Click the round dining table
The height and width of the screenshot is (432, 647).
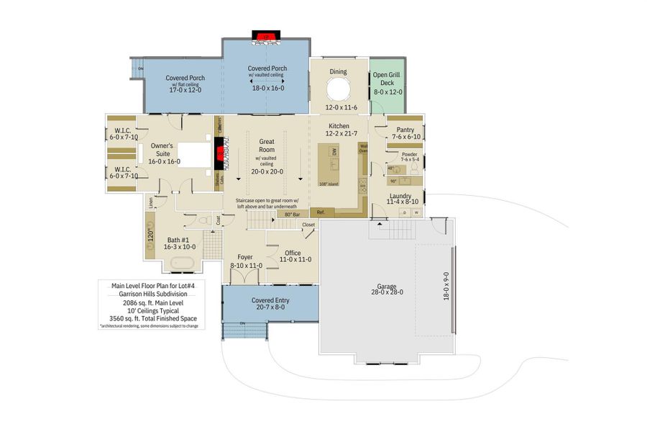338,91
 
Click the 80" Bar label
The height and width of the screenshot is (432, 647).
292,215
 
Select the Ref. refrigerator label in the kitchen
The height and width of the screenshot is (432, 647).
321,212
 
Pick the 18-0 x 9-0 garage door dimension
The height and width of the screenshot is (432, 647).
446,286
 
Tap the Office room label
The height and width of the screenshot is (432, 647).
293,253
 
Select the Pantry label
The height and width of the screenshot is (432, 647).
405,130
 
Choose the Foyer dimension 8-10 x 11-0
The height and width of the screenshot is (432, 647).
246,266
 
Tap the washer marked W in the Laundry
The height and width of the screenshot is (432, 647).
416,212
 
